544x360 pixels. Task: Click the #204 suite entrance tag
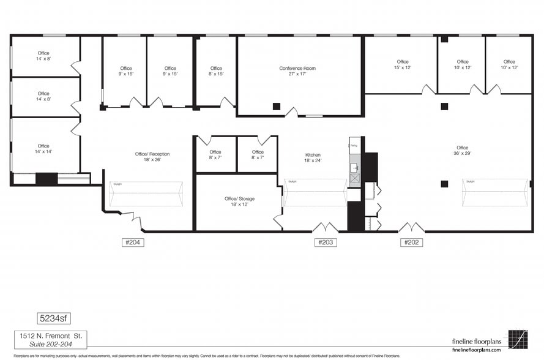click(x=133, y=242)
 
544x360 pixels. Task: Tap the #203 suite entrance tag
click(x=326, y=242)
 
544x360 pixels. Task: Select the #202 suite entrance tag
click(x=411, y=242)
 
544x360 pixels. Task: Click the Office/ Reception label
click(x=152, y=157)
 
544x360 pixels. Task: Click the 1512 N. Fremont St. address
click(x=51, y=336)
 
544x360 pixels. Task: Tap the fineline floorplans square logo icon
click(x=518, y=339)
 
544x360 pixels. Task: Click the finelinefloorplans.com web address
click(x=476, y=350)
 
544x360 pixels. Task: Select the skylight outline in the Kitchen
click(x=315, y=192)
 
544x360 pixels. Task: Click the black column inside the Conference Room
click(x=277, y=106)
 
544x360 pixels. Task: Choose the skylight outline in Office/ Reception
click(x=146, y=194)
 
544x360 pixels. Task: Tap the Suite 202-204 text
click(x=51, y=345)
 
